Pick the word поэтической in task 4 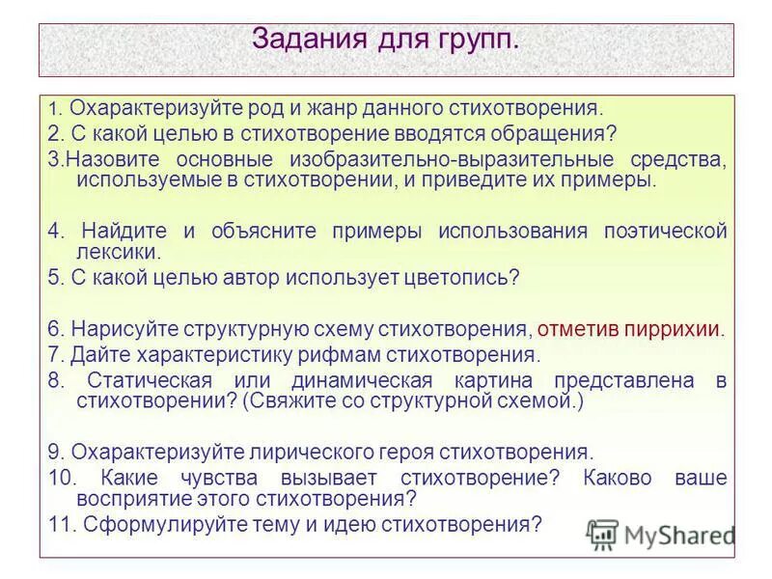[x=666, y=231]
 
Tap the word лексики [x=118, y=252]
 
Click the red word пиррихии [x=675, y=328]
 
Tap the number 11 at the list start [x=60, y=524]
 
